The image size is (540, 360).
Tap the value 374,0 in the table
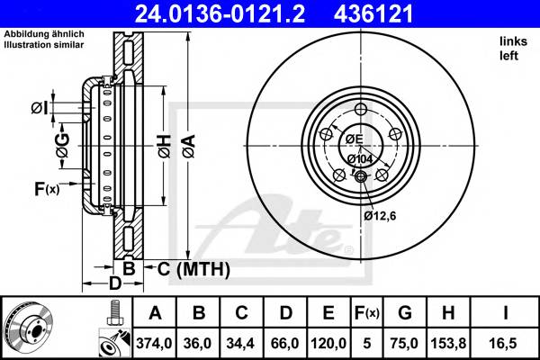(156, 343)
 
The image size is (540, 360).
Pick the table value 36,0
(199, 343)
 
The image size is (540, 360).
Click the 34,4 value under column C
(242, 343)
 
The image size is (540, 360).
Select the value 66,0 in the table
(285, 343)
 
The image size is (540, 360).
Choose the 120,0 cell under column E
(328, 343)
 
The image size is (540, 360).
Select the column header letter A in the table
(156, 313)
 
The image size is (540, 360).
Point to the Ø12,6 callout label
(380, 215)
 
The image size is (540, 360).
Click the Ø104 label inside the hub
(360, 159)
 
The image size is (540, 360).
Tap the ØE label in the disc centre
(353, 139)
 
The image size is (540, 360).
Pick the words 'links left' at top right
(508, 48)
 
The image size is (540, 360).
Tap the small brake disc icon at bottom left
(29, 328)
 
